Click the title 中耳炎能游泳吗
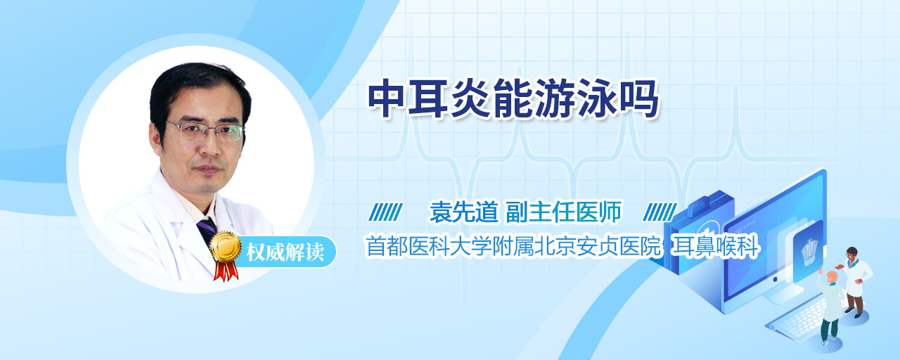[x=513, y=99]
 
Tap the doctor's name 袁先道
[x=464, y=212]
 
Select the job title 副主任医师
[x=564, y=212]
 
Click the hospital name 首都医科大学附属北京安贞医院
[x=513, y=246]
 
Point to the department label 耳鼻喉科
[x=715, y=246]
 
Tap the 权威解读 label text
[x=285, y=252]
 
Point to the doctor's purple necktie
[x=207, y=232]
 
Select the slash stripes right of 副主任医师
[x=660, y=212]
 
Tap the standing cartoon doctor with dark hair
[x=855, y=282]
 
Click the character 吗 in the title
[x=639, y=99]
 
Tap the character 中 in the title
[x=387, y=98]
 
